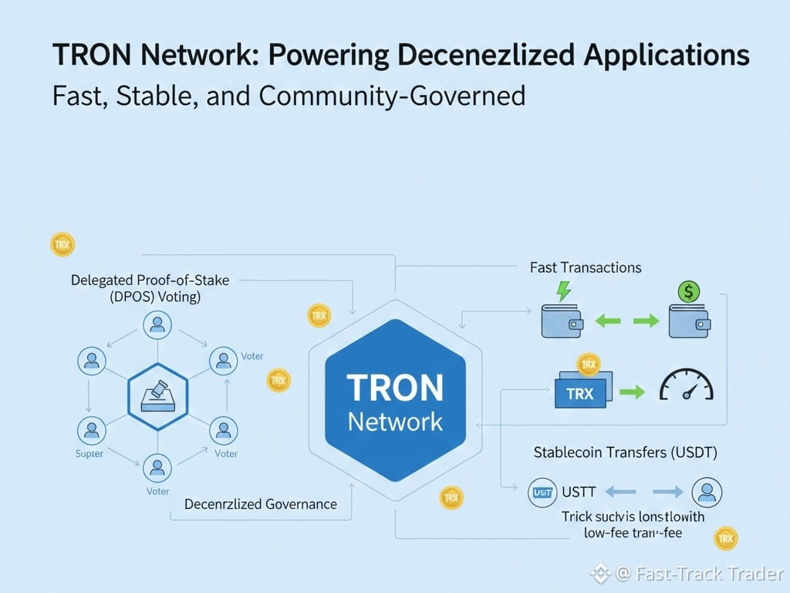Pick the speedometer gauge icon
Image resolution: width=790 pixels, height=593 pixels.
pyautogui.click(x=686, y=384)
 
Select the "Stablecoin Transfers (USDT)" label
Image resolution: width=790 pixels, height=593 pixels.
pyautogui.click(x=626, y=453)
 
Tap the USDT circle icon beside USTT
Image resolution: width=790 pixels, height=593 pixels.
pyautogui.click(x=542, y=491)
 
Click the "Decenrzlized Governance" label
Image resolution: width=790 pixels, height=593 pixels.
pyautogui.click(x=261, y=504)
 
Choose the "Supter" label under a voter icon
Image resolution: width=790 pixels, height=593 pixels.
pyautogui.click(x=89, y=454)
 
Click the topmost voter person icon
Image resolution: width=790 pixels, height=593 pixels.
pyautogui.click(x=157, y=324)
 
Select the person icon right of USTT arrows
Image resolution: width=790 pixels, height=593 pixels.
pyautogui.click(x=707, y=491)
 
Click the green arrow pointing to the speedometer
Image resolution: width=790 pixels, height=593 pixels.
pyautogui.click(x=632, y=392)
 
